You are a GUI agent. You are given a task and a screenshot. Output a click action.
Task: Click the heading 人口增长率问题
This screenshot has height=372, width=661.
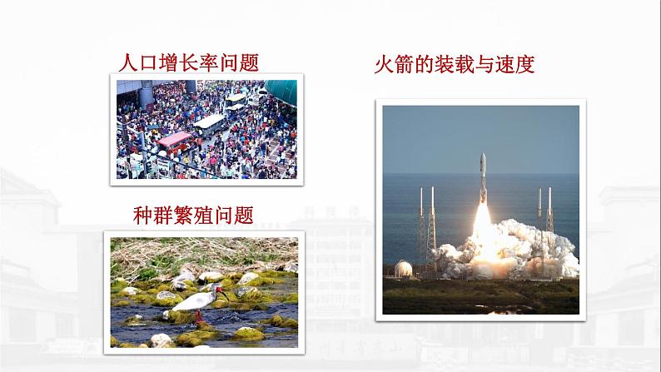point(188,62)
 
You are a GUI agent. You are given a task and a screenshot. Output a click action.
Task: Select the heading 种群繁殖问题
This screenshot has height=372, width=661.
point(193,216)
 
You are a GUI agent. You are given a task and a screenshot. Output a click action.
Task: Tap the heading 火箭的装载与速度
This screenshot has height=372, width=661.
point(455,64)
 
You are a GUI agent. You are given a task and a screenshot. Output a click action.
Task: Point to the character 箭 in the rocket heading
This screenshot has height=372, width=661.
point(405,64)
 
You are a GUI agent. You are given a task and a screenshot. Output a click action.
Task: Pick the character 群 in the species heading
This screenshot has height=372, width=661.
point(162,216)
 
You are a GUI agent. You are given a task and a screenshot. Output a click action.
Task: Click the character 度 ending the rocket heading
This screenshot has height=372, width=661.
point(525,64)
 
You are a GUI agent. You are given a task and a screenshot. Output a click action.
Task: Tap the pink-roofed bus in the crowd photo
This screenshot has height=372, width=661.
point(174,141)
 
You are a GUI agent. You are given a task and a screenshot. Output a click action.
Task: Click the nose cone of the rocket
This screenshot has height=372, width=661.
point(483,159)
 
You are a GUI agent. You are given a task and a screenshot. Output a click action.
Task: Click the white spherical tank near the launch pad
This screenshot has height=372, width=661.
point(403,268)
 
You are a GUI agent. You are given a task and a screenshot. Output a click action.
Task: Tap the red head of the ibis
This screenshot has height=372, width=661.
point(218,290)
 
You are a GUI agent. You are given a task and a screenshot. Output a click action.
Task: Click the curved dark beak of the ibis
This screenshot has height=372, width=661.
point(224,295)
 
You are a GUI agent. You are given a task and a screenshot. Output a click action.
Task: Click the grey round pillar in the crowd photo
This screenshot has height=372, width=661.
point(147,95)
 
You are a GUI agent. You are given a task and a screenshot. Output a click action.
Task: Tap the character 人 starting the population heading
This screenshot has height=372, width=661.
point(128,62)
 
